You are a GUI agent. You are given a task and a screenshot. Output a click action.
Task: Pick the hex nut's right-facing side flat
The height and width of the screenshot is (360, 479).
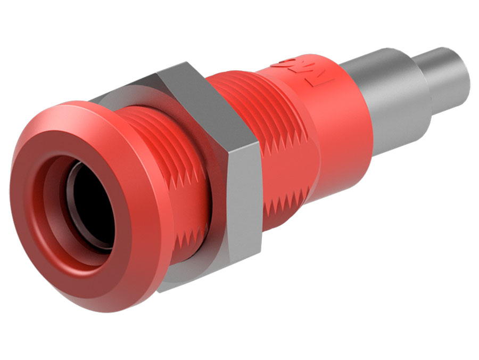pos(245,202)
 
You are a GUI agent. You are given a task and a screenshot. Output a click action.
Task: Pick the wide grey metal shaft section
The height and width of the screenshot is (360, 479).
pos(394,107)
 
